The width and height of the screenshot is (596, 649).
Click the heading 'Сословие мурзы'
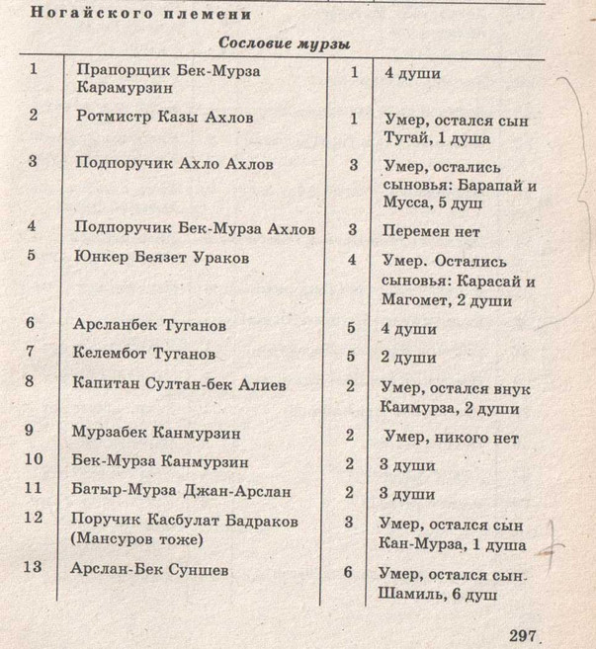(x=285, y=45)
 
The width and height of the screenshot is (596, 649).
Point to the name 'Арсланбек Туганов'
(x=150, y=323)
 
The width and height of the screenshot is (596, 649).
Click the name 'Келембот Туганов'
(x=144, y=353)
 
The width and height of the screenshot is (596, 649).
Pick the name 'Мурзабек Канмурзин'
(x=157, y=432)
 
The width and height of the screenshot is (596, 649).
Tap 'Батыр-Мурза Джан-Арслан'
(x=181, y=490)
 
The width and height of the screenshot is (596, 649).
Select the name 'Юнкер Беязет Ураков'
(x=162, y=258)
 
